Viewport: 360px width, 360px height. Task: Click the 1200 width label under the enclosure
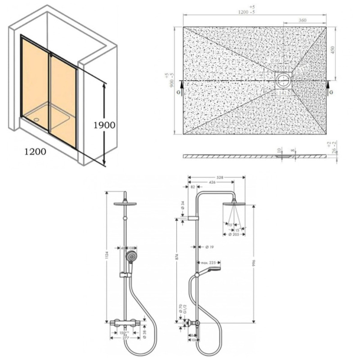coord(35,151)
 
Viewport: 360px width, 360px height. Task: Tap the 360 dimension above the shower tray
coord(303,20)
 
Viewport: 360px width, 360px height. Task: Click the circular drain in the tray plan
coord(283,80)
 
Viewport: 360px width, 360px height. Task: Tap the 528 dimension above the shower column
coord(220,178)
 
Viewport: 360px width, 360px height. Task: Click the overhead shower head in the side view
coord(234,204)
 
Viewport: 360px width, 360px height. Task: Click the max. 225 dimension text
coord(208,262)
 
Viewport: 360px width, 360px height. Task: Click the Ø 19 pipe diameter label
coord(209,247)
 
